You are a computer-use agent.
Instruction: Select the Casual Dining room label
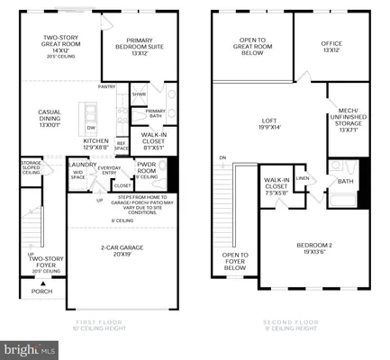tap(50, 117)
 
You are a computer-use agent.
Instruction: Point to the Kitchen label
tap(96, 143)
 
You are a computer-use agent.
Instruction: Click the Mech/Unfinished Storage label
tap(349, 122)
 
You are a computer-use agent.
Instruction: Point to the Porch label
tap(41, 291)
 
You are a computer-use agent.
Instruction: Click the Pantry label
tap(107, 87)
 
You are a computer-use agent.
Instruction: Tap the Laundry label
tap(85, 165)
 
